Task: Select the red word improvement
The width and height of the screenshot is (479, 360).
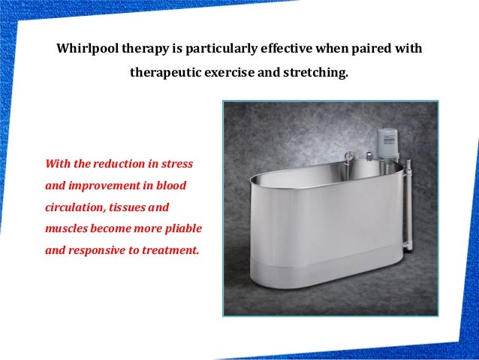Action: (107, 185)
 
